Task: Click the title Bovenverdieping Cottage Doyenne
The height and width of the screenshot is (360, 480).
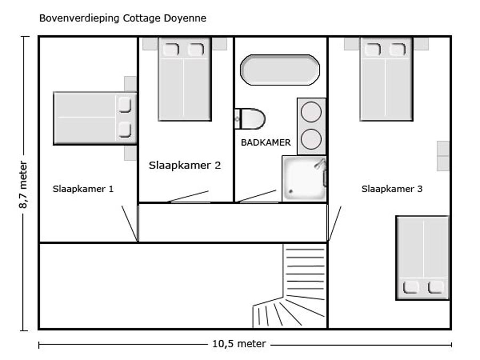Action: pos(123,18)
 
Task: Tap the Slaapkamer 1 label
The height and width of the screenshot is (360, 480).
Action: pos(83,189)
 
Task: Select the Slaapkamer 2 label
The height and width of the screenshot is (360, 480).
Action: pos(185,165)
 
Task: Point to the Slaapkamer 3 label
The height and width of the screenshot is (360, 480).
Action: pos(392,189)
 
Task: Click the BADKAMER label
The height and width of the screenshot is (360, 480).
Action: pos(266,142)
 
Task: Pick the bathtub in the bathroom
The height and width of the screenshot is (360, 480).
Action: pos(280,70)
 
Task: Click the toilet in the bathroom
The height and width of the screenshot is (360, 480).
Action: pos(250,118)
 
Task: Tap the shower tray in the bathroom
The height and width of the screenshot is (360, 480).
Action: pos(304,179)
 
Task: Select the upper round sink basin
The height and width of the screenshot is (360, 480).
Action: pos(311,112)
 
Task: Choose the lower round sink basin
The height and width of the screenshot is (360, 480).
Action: pos(311,139)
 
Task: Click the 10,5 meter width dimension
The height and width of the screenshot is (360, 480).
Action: pos(239,344)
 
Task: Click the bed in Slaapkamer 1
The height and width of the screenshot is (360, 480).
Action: pos(95,118)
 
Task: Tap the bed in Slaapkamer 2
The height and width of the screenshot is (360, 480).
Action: pos(185,79)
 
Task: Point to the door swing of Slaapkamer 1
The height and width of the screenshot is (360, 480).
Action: pos(130,223)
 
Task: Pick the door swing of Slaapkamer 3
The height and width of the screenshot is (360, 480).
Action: pos(334,223)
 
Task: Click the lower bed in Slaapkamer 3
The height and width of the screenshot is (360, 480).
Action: pos(422,258)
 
